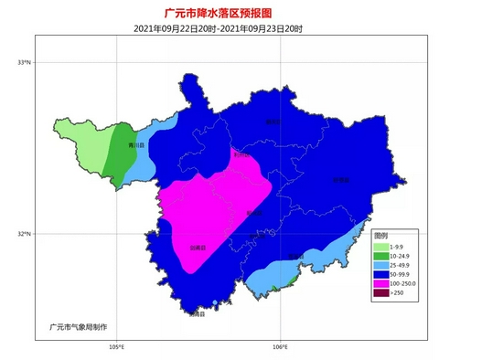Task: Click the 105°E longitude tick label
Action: tap(116, 346)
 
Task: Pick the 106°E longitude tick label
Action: tap(281, 346)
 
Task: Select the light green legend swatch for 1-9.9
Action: tap(380, 248)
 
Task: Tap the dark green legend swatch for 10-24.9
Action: tap(380, 257)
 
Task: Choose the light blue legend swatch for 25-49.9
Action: tap(380, 266)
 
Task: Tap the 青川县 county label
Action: tap(135, 145)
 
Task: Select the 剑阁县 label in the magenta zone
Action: tap(198, 247)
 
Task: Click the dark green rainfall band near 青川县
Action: tap(116, 155)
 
